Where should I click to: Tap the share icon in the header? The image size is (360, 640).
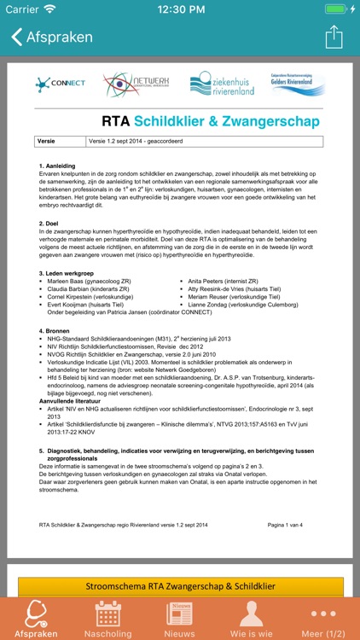(x=334, y=38)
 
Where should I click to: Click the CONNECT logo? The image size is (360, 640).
(x=60, y=84)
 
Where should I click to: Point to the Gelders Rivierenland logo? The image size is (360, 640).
(x=298, y=84)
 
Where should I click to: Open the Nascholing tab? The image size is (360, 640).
(x=107, y=620)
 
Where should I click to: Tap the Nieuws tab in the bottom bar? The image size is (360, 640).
(x=179, y=620)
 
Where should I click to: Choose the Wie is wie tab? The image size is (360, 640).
(x=251, y=620)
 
